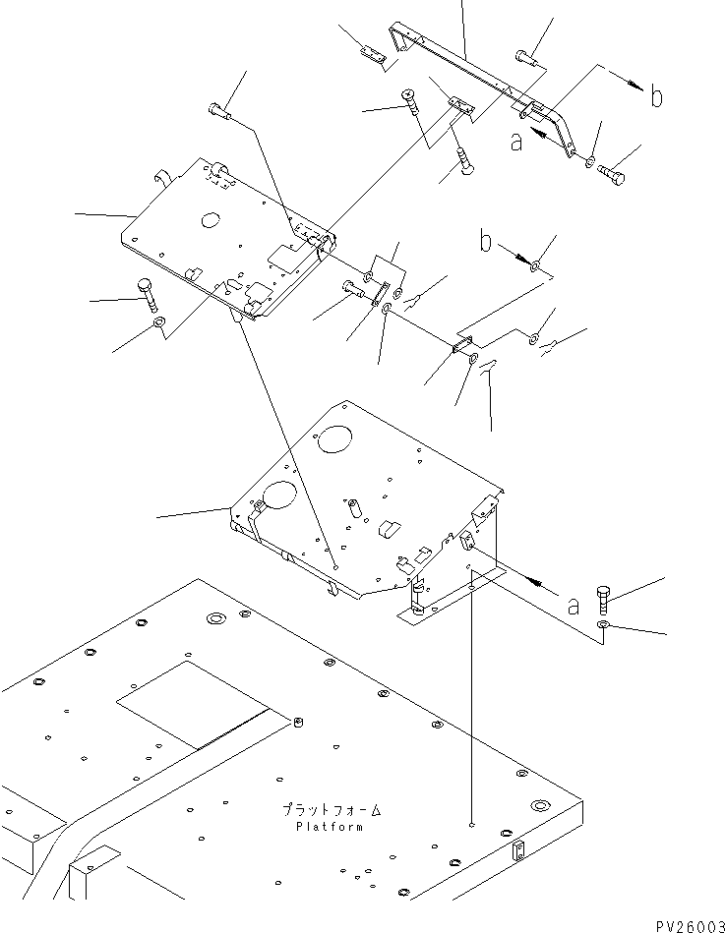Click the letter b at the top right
point(656,96)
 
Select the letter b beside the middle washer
point(486,241)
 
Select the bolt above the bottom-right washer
point(604,597)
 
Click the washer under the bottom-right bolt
point(604,625)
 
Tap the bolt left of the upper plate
point(149,293)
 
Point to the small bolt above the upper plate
point(219,113)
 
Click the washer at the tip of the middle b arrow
point(534,265)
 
